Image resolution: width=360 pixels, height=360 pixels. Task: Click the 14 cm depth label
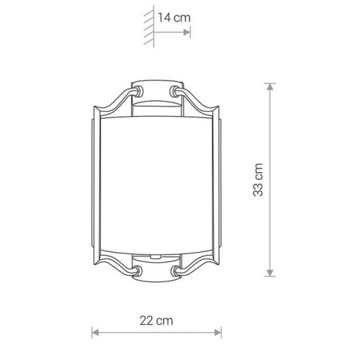(x=174, y=18)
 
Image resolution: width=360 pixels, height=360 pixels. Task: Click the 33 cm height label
(x=258, y=179)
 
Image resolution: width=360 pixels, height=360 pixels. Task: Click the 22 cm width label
(x=156, y=320)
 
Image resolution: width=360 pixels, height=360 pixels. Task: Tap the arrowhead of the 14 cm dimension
(x=186, y=32)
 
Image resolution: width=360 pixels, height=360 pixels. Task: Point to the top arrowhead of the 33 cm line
(x=270, y=87)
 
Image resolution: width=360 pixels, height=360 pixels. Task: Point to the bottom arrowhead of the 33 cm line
(x=270, y=273)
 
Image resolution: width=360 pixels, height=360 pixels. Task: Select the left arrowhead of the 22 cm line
(x=95, y=333)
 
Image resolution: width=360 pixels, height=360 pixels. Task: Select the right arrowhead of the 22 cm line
(x=217, y=333)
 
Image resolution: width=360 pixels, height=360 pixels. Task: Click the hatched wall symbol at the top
(x=149, y=27)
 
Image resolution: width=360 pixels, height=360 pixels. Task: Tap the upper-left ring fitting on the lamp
(x=139, y=91)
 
